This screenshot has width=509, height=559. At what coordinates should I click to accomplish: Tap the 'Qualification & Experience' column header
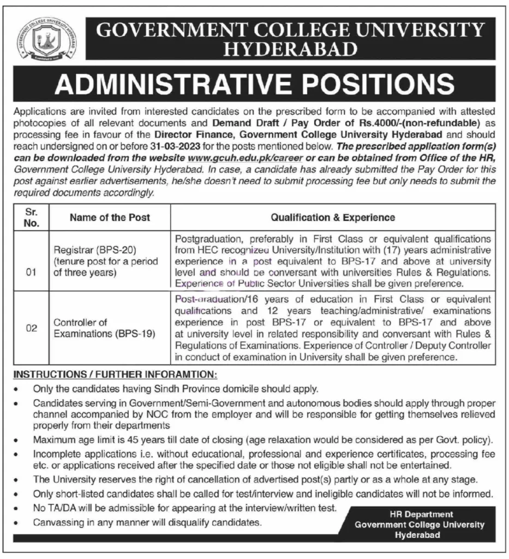pyautogui.click(x=333, y=217)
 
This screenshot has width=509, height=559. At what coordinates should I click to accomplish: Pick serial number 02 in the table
pyautogui.click(x=32, y=328)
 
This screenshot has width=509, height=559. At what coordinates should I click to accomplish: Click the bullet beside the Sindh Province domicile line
pyautogui.click(x=18, y=390)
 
